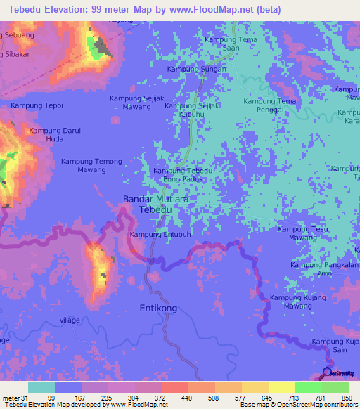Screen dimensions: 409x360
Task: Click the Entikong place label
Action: pyautogui.click(x=158, y=309)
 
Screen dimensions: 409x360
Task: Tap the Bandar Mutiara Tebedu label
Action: pyautogui.click(x=155, y=204)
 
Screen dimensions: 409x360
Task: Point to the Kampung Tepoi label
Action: pyautogui.click(x=37, y=105)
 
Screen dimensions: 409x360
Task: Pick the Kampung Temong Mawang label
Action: pyautogui.click(x=91, y=165)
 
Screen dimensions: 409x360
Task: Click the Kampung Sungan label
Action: pyautogui.click(x=196, y=69)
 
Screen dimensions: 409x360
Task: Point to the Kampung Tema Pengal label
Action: pyautogui.click(x=269, y=105)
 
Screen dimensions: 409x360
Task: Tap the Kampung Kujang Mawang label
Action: pyautogui.click(x=297, y=302)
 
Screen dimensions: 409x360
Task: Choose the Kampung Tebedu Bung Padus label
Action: pyautogui.click(x=183, y=175)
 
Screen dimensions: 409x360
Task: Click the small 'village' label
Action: pyautogui.click(x=70, y=320)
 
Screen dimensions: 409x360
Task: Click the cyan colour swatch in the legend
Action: pyautogui.click(x=41, y=387)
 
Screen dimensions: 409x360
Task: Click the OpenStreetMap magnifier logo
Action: pyautogui.click(x=327, y=372)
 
